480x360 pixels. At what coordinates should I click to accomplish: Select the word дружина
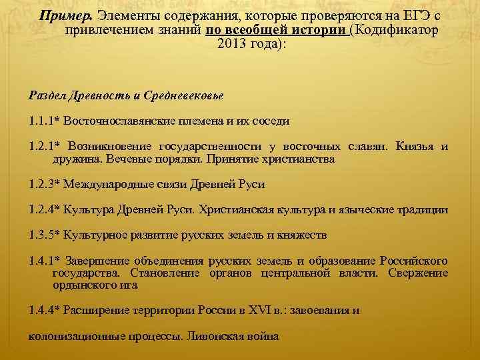74,159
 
